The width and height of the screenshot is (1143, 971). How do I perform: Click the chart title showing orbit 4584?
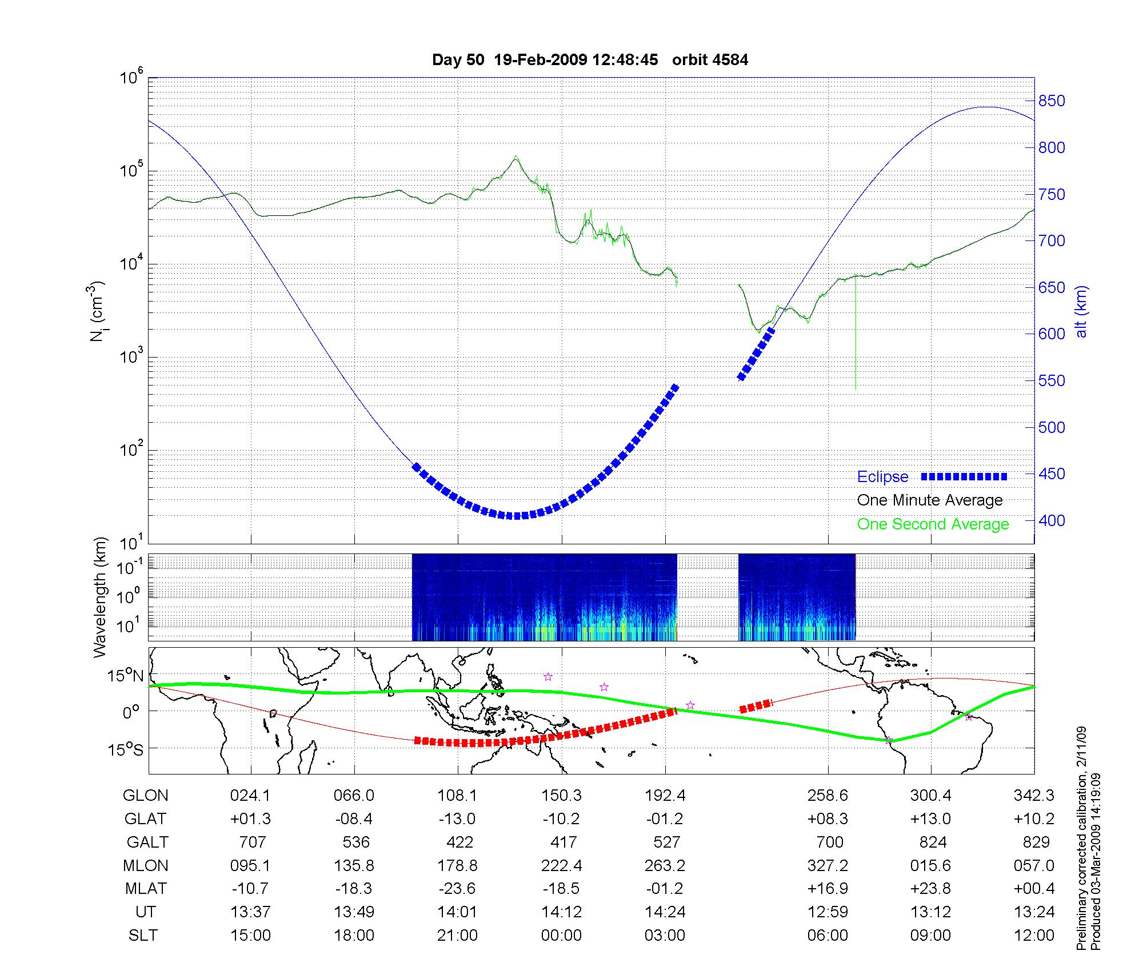(590, 60)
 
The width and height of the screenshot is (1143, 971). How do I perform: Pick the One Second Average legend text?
(933, 524)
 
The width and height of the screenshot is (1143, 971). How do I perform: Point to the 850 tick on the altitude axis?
(1052, 101)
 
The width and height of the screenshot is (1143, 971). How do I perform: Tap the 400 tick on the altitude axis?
(1052, 520)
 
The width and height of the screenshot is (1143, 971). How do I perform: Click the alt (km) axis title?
(1081, 311)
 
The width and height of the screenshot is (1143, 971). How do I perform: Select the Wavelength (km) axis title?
(100, 597)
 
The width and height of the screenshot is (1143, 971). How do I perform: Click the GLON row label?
(146, 796)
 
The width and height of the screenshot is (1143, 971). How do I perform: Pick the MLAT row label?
(146, 889)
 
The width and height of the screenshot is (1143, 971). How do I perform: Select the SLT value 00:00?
(561, 935)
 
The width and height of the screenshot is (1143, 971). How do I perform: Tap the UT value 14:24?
(665, 912)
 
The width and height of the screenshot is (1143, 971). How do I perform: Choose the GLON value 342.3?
(1034, 796)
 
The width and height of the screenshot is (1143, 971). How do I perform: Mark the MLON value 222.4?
(561, 865)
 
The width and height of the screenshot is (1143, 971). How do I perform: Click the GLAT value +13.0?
(930, 818)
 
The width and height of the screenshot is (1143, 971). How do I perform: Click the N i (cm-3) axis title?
(97, 311)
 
